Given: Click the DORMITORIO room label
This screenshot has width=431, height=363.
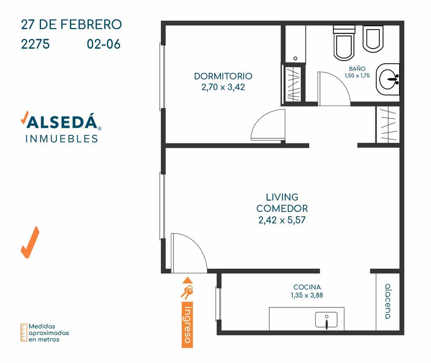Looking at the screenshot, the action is tap(223, 76).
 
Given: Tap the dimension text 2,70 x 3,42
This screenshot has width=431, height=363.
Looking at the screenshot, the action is tap(223, 87).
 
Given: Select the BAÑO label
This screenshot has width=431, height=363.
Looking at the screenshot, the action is tap(357, 69).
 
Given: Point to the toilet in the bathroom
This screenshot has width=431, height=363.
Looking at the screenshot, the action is tap(344, 43).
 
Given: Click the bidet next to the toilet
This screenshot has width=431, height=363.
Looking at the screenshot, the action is tap(373, 39).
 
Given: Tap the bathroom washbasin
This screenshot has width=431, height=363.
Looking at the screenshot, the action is tap(388, 79).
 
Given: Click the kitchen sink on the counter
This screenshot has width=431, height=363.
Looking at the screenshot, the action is tap(326, 320).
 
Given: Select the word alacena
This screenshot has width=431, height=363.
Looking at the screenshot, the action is tap(388, 301).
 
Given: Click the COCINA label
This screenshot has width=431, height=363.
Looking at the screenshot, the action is tap(307, 287).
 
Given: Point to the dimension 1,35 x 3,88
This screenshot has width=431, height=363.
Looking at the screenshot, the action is tap(307, 295).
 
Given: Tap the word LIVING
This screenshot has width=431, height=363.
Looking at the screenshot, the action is tap(282, 197).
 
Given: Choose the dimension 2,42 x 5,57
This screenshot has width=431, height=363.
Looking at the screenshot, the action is tap(282, 220).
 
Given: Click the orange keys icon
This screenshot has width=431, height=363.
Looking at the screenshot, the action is tap(187, 292).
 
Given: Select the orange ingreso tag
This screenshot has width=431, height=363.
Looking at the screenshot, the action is tap(187, 325).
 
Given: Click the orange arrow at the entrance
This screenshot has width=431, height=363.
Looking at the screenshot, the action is tap(187, 280).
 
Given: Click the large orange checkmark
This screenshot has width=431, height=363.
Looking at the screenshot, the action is tap(30, 242).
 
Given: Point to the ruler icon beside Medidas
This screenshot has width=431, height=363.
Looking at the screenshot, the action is tap(24, 332).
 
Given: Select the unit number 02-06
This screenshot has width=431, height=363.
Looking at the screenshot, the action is tap(104, 44).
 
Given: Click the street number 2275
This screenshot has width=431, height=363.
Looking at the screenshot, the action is tap(35, 44).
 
